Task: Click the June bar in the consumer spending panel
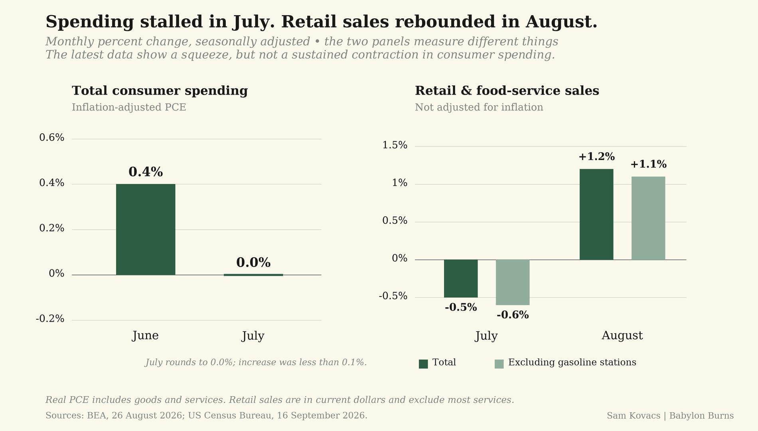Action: click(x=146, y=229)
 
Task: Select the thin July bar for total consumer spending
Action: click(x=253, y=275)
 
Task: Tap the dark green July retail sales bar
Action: click(x=461, y=279)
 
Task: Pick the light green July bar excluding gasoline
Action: click(x=513, y=282)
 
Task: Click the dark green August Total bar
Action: click(x=596, y=214)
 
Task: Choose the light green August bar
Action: click(x=648, y=218)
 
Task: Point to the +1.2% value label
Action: click(x=596, y=156)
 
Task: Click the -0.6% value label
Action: click(x=513, y=315)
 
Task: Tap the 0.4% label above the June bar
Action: click(x=146, y=172)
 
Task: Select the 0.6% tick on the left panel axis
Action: click(x=52, y=138)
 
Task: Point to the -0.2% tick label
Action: click(x=50, y=318)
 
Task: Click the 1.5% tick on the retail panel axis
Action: click(x=395, y=145)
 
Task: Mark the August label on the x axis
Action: click(x=622, y=336)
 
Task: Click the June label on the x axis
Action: click(x=145, y=335)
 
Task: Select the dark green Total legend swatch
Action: click(x=423, y=364)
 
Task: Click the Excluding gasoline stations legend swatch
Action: click(x=499, y=364)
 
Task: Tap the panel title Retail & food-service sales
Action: click(x=507, y=91)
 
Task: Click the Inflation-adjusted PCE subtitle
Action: click(x=129, y=107)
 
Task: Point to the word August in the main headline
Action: click(x=561, y=22)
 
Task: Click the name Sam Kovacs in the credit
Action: click(x=634, y=415)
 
